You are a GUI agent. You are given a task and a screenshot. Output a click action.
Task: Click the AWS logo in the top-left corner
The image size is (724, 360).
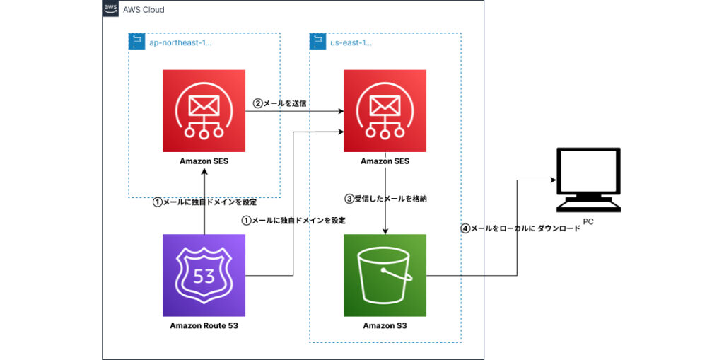(x=110, y=9)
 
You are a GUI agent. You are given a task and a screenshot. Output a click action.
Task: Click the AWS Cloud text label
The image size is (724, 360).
(x=144, y=10)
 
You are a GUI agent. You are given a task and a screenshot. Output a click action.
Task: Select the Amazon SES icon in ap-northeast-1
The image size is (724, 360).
(x=204, y=110)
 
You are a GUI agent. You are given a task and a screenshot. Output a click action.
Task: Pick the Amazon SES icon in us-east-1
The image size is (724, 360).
(x=385, y=110)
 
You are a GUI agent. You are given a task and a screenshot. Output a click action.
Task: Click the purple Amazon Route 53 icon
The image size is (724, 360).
(x=204, y=274)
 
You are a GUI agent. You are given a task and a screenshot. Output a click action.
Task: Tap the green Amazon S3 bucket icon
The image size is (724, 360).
(x=385, y=274)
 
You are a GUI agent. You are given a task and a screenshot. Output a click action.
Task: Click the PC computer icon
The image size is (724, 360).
(x=588, y=180)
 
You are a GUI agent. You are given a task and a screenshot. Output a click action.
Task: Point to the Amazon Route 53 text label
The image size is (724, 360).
(x=204, y=326)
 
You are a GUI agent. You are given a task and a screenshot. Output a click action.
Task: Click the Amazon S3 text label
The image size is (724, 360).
(x=385, y=326)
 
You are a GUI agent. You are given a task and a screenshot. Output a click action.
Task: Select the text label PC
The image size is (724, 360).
(x=588, y=222)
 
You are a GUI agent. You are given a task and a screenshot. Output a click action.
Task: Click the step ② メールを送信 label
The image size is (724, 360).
(x=280, y=103)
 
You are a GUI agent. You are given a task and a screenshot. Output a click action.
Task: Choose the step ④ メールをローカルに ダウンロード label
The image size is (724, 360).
(x=520, y=228)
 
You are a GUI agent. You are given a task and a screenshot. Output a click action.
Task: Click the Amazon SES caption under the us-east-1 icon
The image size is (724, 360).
(x=385, y=161)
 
